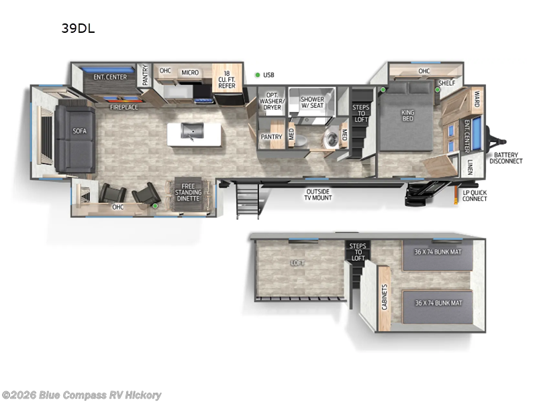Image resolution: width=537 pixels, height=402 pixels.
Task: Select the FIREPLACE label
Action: point(124,106)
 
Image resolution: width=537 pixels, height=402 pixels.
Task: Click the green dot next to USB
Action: point(257,74)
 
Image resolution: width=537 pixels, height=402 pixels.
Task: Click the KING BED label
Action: point(408,115)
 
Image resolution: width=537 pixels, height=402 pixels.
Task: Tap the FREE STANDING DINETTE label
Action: point(188,193)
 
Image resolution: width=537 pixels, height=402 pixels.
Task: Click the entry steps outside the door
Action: point(247,200)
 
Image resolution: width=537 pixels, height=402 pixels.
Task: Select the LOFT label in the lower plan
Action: point(298,263)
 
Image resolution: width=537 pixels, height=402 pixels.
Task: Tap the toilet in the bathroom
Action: point(302,141)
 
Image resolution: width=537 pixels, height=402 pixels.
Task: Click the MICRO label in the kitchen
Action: point(189,72)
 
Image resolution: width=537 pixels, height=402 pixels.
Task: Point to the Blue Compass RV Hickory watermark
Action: point(82,395)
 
